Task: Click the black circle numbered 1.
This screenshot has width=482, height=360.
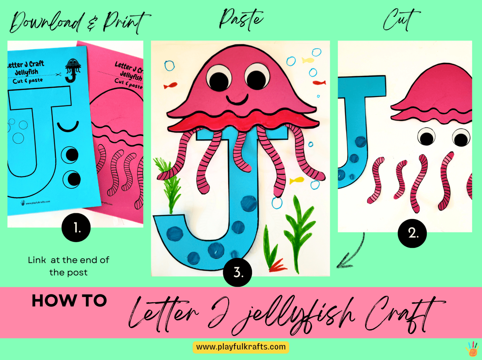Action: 76,227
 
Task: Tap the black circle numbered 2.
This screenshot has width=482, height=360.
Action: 412,233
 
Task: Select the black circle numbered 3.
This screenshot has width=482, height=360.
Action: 238,272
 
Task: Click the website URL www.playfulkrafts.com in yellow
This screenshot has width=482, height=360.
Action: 241,347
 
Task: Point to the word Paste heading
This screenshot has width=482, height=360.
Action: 241,19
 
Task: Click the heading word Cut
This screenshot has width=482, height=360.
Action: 401,19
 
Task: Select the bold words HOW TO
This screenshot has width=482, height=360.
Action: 69,301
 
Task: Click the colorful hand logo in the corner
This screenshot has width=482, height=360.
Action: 472,349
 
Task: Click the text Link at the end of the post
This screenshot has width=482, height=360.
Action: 68,266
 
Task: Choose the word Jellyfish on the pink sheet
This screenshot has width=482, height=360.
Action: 131,75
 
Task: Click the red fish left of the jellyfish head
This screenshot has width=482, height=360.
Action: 170,85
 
